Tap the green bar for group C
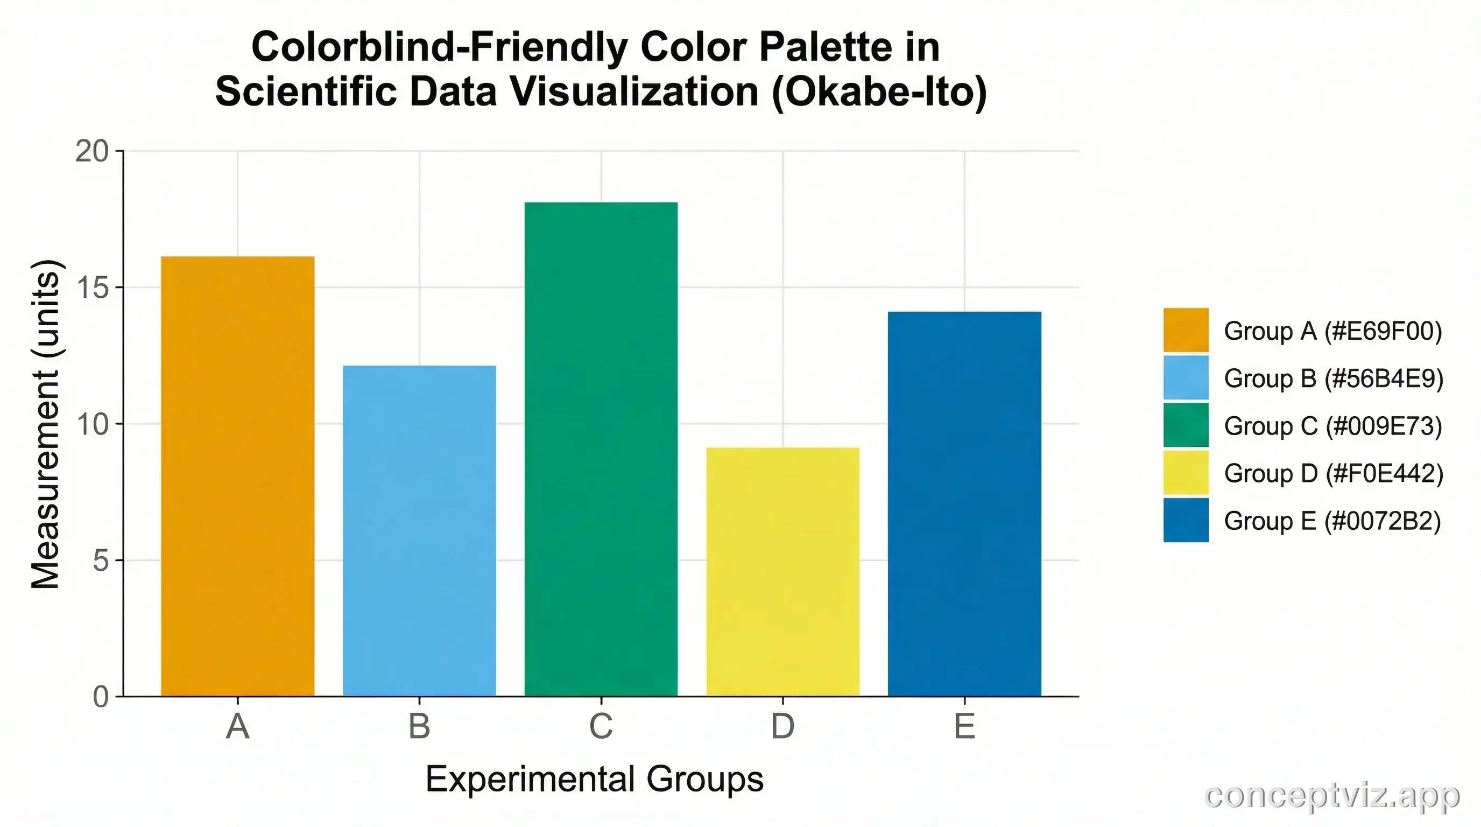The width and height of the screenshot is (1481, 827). tap(601, 449)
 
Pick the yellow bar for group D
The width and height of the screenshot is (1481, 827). tap(782, 572)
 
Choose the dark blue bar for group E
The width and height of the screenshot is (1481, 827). tap(964, 504)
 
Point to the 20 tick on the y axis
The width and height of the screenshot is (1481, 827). tap(92, 152)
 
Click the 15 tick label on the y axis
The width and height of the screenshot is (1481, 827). tap(92, 288)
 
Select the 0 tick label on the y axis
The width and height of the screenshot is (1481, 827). tap(101, 697)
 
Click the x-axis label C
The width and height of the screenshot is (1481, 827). tap(601, 726)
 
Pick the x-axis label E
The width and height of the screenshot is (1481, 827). tap(964, 726)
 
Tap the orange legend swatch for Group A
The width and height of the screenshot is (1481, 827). tap(1186, 330)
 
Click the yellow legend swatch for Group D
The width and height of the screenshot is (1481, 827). tap(1186, 473)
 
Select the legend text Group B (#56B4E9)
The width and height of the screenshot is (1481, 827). tap(1333, 379)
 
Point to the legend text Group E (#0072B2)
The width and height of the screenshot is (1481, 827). tap(1332, 521)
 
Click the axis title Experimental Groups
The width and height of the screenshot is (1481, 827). tap(595, 780)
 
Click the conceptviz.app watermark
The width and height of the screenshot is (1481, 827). tap(1331, 796)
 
